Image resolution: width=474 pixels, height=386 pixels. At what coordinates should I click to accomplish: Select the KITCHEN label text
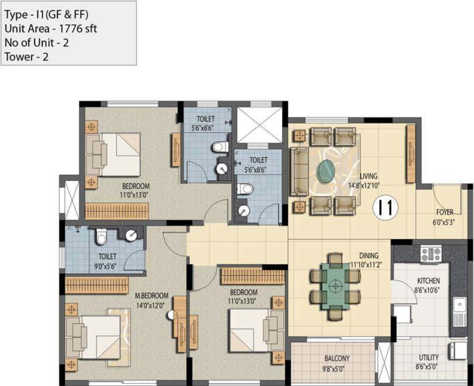(x=428, y=280)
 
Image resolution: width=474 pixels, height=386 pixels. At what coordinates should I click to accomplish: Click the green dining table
(x=335, y=285)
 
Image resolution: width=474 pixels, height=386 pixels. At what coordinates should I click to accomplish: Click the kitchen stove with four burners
(x=431, y=254)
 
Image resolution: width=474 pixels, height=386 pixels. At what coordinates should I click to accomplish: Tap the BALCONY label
(x=336, y=358)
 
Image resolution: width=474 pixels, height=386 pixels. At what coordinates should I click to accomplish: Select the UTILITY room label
(x=429, y=357)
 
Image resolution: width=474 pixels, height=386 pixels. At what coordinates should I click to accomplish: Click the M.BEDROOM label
(x=151, y=296)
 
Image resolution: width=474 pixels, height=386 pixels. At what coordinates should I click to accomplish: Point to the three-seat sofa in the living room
(x=299, y=171)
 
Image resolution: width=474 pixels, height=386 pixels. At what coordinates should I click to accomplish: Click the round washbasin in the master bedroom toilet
(x=132, y=234)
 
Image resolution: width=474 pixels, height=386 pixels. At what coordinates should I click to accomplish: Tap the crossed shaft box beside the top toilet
(x=257, y=124)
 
